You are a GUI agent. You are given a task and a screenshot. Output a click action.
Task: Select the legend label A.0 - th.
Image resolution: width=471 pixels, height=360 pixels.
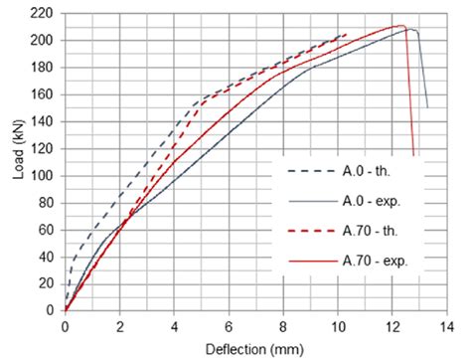click(x=373, y=170)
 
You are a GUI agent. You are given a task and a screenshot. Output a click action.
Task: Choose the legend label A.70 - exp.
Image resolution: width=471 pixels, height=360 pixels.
click(x=381, y=263)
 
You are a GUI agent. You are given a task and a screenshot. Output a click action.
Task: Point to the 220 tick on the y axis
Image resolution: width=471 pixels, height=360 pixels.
click(x=44, y=13)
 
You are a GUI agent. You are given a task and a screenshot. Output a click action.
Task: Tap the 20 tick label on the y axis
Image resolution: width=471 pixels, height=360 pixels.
click(x=47, y=283)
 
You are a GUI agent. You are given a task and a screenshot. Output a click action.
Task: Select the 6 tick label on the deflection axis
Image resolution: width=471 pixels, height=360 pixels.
click(x=229, y=323)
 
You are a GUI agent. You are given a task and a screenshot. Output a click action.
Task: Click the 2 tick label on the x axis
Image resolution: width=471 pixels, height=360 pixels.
click(x=119, y=323)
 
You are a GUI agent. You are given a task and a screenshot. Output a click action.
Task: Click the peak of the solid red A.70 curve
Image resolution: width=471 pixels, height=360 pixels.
click(x=401, y=26)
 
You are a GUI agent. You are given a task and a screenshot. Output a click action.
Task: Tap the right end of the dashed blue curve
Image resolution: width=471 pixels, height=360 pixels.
click(x=347, y=34)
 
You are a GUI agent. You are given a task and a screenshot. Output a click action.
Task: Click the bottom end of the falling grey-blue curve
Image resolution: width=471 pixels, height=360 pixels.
click(x=427, y=106)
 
